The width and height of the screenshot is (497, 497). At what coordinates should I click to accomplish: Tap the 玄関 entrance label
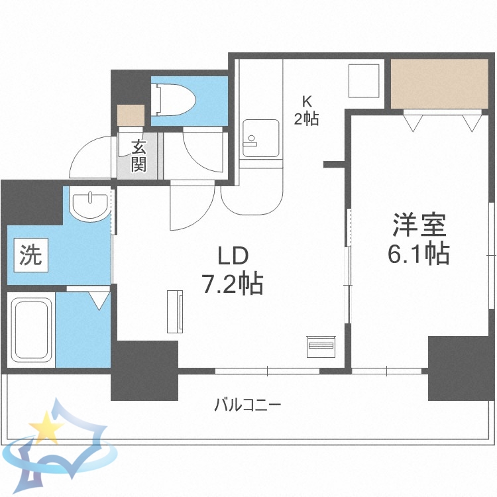[138, 156]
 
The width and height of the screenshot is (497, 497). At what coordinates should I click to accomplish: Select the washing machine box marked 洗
[29, 256]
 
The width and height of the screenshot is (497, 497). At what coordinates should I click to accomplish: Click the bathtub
[32, 329]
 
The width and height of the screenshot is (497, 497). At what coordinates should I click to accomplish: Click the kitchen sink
[260, 138]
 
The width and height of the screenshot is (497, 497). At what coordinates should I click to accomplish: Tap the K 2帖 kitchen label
[307, 111]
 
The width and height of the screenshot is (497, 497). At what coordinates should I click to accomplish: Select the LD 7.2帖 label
[233, 270]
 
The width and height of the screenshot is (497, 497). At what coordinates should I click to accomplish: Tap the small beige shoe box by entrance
[130, 115]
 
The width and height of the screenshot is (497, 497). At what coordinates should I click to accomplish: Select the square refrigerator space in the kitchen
[364, 82]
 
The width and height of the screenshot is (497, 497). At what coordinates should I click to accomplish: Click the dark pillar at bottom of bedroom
[460, 368]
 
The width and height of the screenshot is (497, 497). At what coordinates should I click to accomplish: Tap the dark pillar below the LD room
[144, 370]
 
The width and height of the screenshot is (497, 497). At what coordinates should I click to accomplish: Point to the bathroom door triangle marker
[99, 300]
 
